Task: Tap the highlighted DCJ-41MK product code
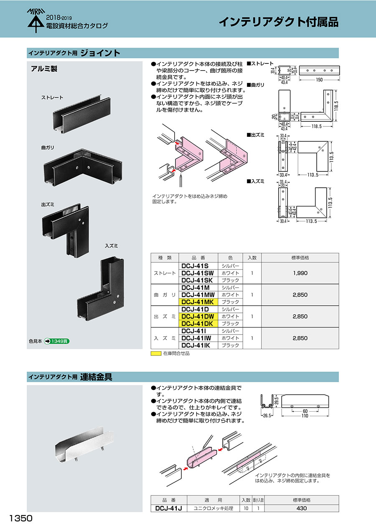click(198, 302)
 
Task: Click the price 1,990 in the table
click(300, 273)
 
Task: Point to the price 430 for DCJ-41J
click(301, 508)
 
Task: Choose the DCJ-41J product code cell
click(168, 508)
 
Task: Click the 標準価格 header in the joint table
click(300, 258)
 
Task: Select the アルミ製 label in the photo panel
click(44, 69)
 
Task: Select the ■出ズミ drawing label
click(256, 135)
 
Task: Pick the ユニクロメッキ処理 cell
click(213, 508)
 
